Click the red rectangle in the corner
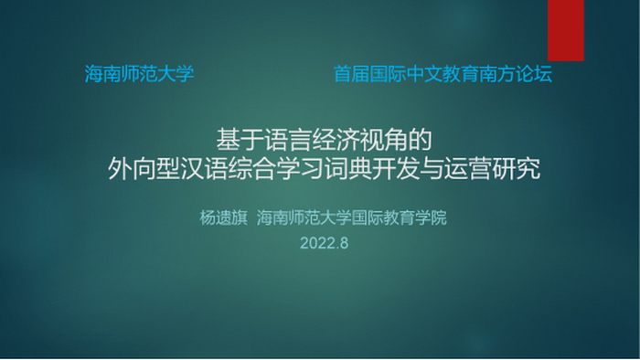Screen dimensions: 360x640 point(566,29)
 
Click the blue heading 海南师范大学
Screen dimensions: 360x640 point(139,75)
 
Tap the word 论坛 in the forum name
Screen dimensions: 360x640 point(535,75)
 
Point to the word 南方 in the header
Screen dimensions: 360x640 point(497,75)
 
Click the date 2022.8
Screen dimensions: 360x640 point(325,244)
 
